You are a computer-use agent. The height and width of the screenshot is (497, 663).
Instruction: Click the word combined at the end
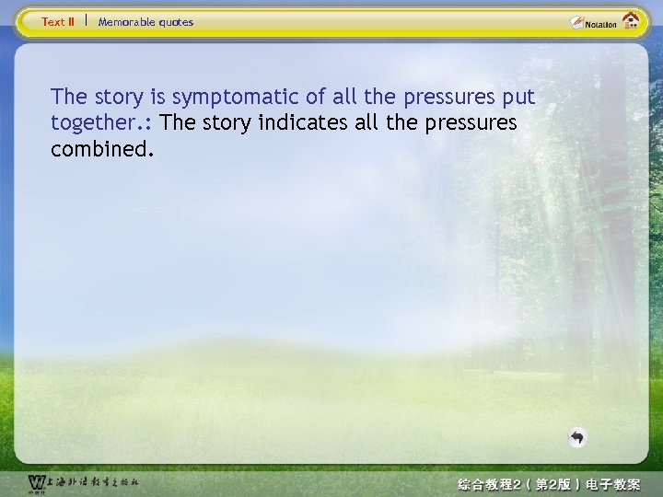(97, 149)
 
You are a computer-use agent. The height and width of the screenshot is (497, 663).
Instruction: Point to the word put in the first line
(518, 98)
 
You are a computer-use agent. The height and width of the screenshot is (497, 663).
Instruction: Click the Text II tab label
(58, 21)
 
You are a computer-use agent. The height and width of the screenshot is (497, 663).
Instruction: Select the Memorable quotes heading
(145, 21)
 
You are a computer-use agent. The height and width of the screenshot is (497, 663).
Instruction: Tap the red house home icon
(631, 21)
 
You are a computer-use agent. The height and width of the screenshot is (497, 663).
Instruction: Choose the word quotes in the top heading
(176, 21)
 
